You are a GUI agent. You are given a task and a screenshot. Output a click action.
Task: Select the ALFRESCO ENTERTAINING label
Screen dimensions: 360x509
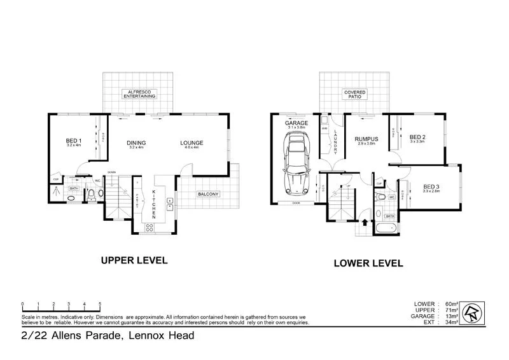click(139, 94)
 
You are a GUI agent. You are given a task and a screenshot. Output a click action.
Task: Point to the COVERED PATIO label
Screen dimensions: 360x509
click(354, 94)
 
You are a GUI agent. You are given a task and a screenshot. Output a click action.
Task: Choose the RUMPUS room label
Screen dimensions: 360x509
click(366, 139)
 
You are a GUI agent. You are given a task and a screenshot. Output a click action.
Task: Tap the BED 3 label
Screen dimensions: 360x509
click(431, 186)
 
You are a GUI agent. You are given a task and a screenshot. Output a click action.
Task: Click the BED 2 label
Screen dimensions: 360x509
click(417, 137)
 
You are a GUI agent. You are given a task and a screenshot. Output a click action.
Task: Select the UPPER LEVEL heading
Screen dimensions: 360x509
click(134, 260)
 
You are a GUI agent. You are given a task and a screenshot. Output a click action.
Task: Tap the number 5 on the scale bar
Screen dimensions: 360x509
click(100, 304)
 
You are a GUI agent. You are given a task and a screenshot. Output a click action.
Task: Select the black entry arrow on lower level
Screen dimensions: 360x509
click(364, 223)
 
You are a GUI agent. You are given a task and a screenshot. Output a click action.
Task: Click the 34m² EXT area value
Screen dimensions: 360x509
click(445, 322)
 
